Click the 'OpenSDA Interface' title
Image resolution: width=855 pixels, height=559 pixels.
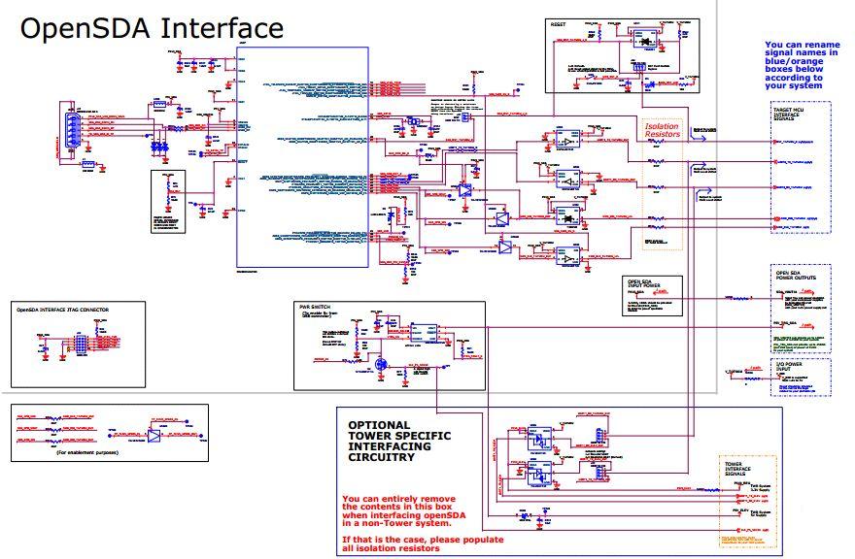tap(152, 28)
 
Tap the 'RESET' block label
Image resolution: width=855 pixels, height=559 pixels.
tap(559, 23)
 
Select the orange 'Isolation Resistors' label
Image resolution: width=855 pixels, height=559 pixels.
tap(663, 128)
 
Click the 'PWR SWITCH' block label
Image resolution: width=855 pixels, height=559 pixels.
tap(315, 307)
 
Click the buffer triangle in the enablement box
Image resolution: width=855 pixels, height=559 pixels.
tap(154, 434)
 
